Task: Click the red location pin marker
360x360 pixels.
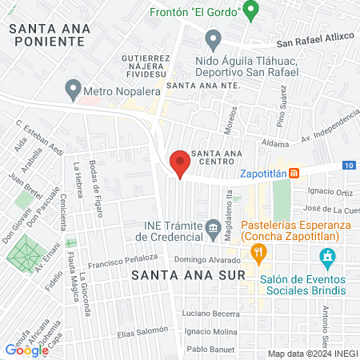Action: pyautogui.click(x=180, y=162)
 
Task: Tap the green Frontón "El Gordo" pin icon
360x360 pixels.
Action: pyautogui.click(x=250, y=11)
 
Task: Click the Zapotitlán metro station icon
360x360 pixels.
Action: pyautogui.click(x=294, y=173)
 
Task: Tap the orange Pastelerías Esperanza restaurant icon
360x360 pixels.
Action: pyautogui.click(x=258, y=254)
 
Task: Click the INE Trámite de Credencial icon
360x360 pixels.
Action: pyautogui.click(x=213, y=229)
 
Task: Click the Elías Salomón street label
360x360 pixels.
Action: pyautogui.click(x=121, y=330)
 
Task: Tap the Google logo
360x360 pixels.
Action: pyautogui.click(x=26, y=349)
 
